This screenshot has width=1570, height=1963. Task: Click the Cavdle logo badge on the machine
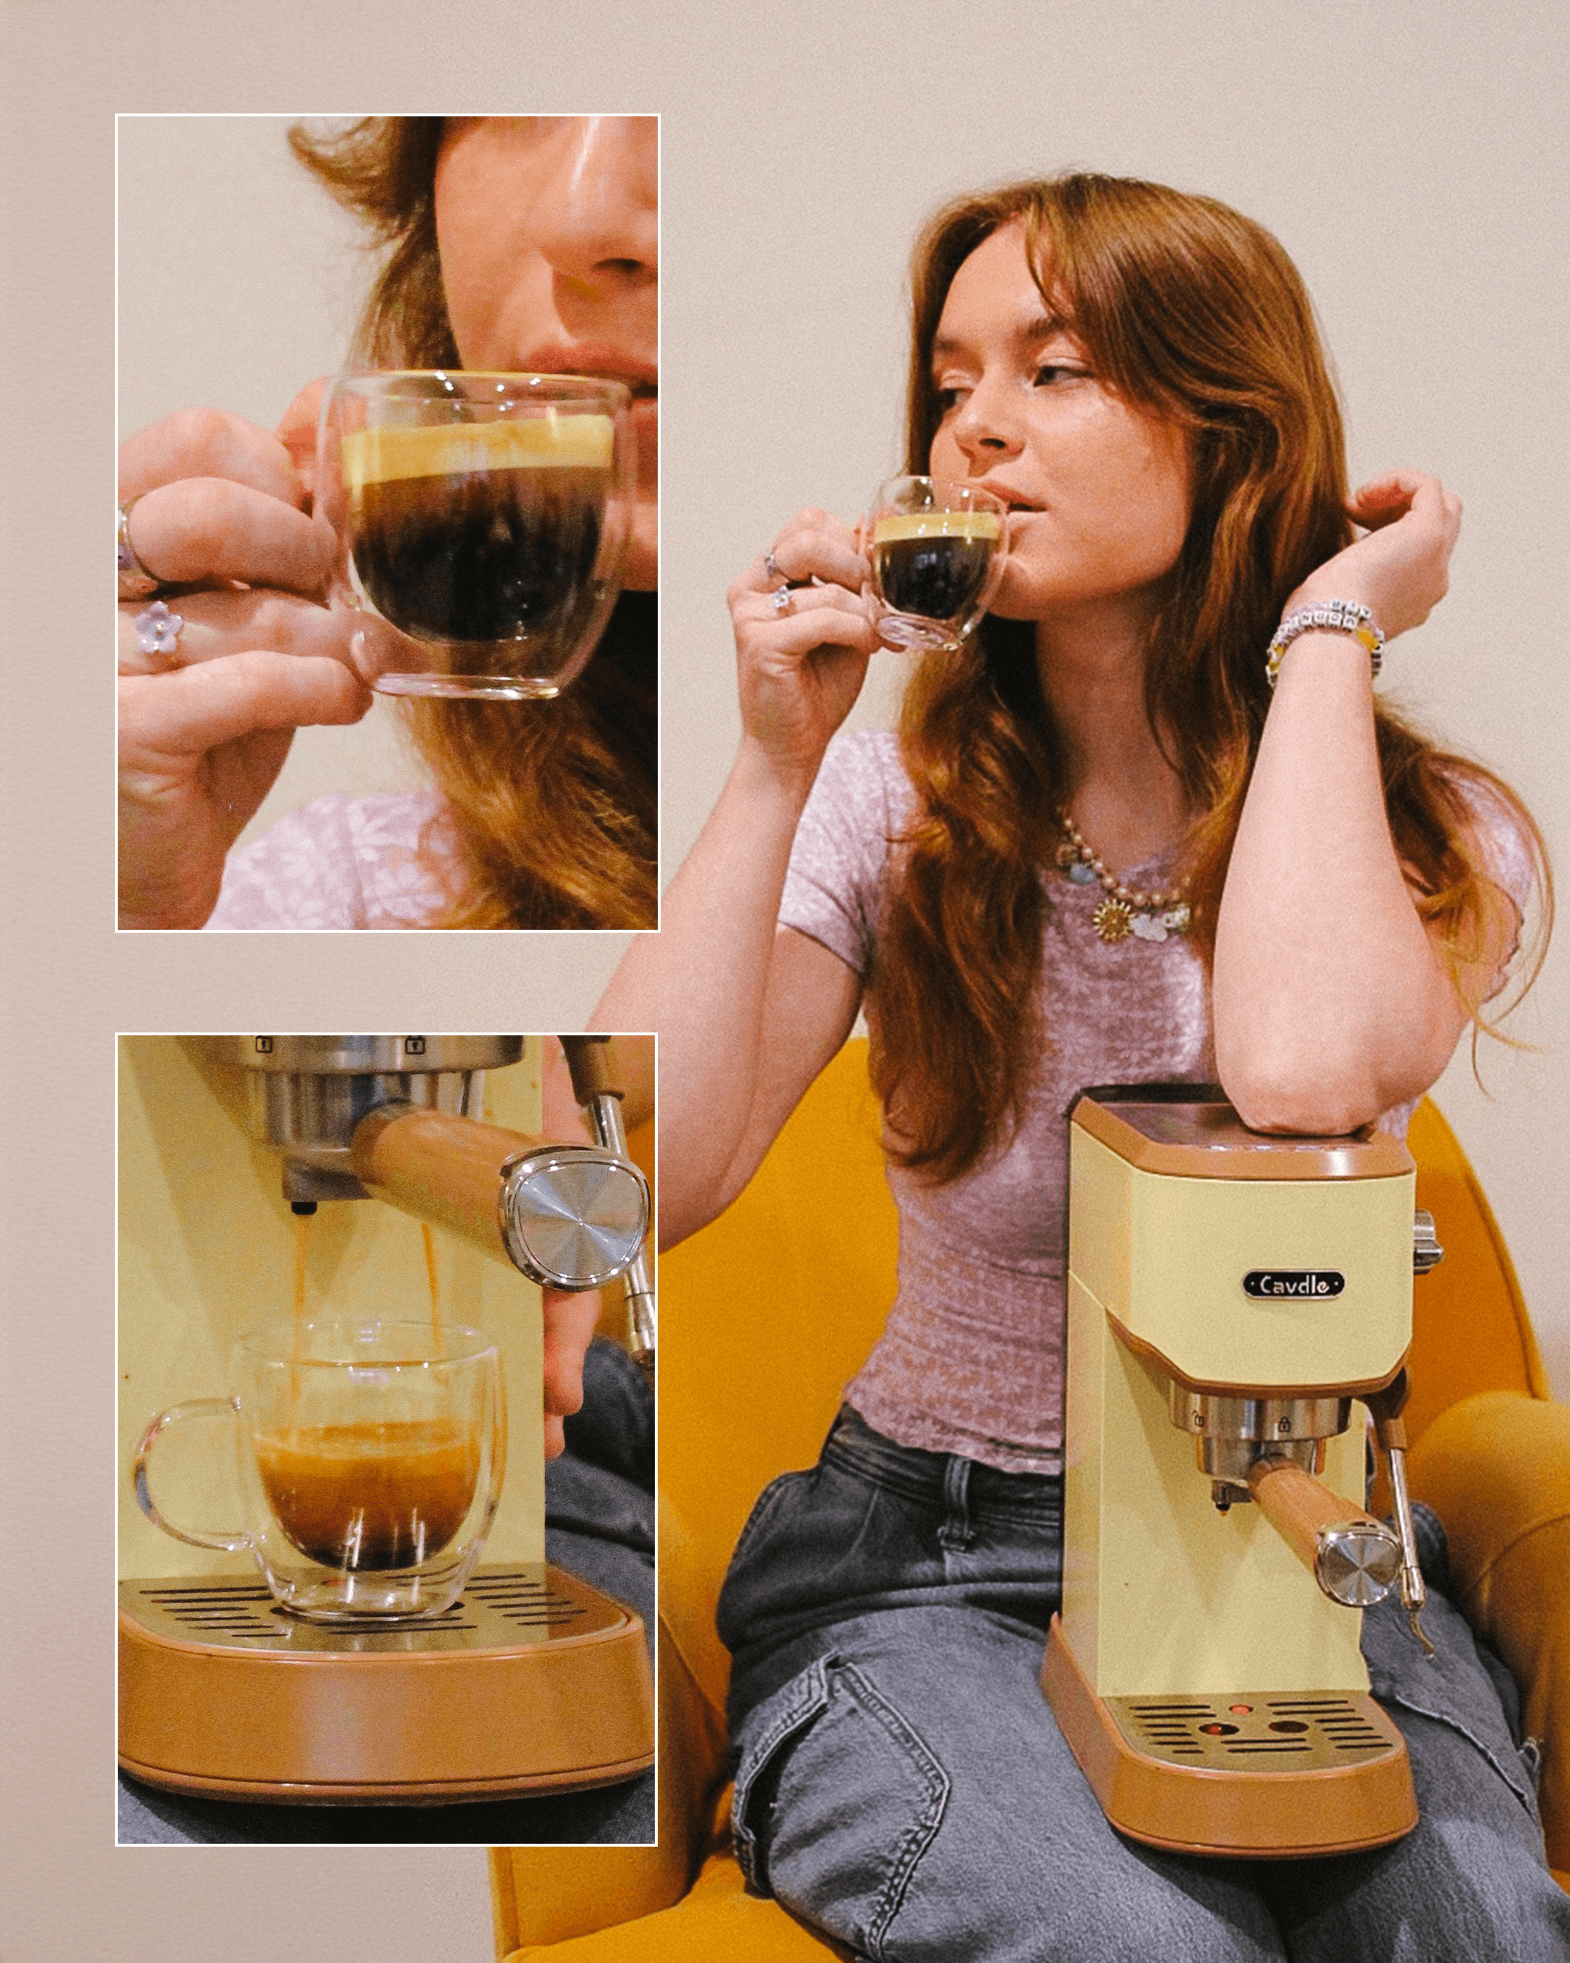tap(1293, 1285)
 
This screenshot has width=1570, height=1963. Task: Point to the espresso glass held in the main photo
tap(938, 563)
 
